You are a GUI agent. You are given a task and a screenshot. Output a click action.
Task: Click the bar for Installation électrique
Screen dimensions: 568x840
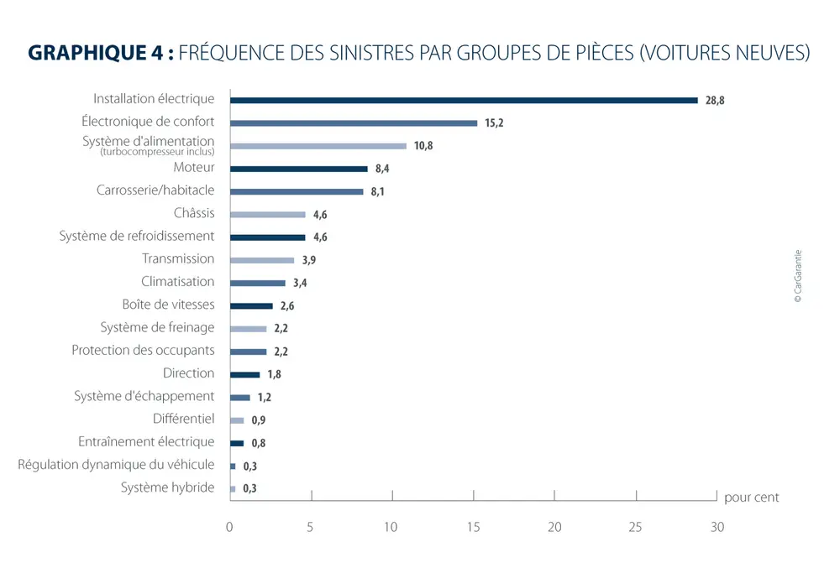tap(464, 100)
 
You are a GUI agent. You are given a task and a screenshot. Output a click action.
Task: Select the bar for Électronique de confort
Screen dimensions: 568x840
tap(354, 122)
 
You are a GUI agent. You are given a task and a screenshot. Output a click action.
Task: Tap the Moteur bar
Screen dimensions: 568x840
tap(299, 169)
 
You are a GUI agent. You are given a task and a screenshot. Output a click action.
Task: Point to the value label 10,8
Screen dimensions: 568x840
tap(423, 146)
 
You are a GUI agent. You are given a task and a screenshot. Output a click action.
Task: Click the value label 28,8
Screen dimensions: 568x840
tap(715, 100)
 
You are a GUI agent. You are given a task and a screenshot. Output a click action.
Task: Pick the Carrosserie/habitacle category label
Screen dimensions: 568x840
tap(155, 190)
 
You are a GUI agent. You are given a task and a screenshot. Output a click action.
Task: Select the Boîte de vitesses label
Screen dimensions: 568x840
tap(168, 305)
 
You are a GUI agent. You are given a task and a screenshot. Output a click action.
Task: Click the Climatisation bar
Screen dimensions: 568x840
tap(258, 283)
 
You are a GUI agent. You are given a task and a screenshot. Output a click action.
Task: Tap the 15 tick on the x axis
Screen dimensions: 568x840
tap(474, 527)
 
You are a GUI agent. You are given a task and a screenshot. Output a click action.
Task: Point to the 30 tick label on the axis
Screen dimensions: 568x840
tap(717, 527)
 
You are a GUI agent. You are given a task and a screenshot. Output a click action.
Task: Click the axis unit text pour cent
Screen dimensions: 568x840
tap(751, 498)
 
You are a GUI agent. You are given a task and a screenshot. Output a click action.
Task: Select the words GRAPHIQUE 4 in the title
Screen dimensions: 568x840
tap(94, 53)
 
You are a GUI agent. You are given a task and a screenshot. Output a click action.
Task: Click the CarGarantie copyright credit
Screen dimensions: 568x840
tap(798, 276)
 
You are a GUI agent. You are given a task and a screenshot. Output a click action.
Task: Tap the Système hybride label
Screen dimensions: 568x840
tap(167, 487)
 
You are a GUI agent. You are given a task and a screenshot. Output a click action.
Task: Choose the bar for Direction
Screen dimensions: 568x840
tap(244, 374)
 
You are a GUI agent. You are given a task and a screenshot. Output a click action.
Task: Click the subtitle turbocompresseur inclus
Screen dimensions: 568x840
tap(157, 152)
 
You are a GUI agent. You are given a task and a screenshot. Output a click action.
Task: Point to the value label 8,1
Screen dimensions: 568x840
tap(378, 192)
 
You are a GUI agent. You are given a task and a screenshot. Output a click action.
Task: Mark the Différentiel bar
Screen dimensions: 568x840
tap(237, 419)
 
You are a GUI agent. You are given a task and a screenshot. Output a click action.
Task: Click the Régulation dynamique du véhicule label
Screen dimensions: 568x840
tap(116, 464)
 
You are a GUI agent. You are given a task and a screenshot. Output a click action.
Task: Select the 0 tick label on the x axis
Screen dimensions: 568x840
tap(229, 527)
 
